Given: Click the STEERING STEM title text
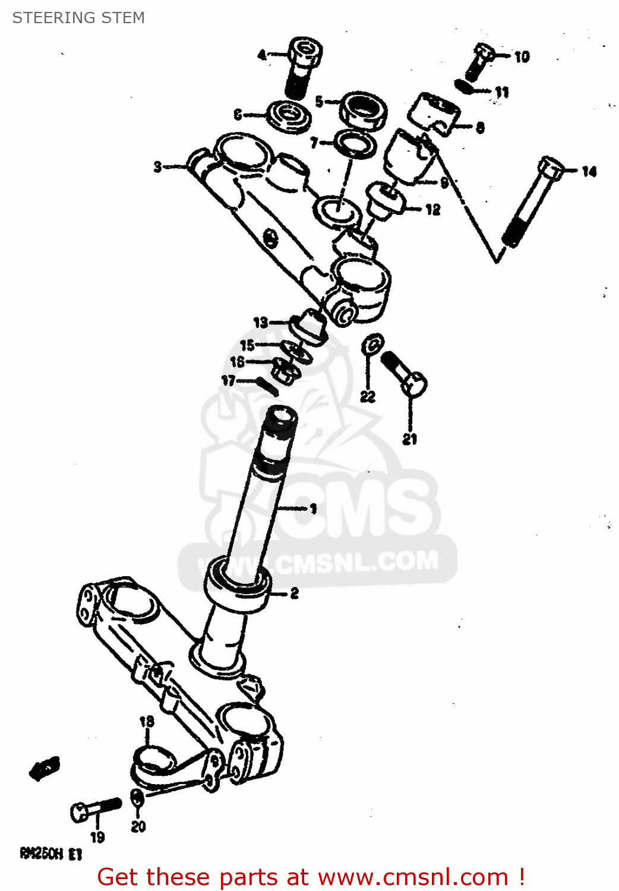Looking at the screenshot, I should click(x=78, y=18).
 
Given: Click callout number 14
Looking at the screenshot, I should click(x=589, y=172).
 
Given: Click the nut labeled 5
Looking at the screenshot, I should click(x=364, y=110).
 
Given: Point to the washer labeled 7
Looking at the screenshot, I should click(x=355, y=145).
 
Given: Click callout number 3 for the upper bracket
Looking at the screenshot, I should click(x=157, y=166).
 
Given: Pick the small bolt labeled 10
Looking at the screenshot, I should click(x=480, y=61).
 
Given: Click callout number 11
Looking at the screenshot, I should click(x=502, y=92).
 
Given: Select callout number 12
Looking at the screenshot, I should click(x=432, y=209).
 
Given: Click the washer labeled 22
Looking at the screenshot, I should click(x=372, y=344).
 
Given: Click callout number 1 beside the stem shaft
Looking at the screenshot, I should click(x=313, y=508).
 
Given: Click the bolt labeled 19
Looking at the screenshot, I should click(x=95, y=809).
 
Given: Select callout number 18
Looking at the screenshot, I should click(x=146, y=721).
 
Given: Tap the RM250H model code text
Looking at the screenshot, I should click(x=50, y=854).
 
